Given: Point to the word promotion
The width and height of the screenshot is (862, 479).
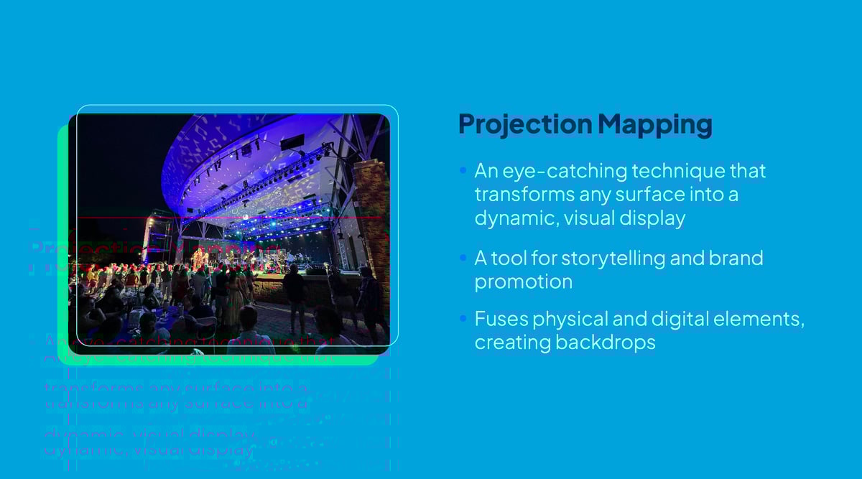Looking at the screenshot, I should click(x=523, y=282).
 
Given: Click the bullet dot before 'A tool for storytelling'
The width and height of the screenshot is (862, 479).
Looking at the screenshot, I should click(x=463, y=258).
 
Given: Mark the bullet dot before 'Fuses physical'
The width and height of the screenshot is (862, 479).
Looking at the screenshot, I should click(x=463, y=318).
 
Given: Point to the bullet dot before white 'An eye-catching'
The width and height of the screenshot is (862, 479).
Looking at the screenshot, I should click(x=463, y=172).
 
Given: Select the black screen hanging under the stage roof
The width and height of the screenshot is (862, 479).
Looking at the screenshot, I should click(x=292, y=142).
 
